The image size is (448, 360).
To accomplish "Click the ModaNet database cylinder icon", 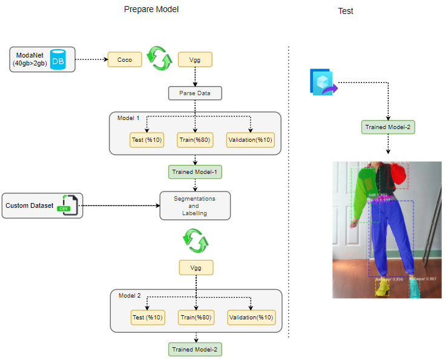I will click(x=58, y=59).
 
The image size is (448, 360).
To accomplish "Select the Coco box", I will click(x=125, y=59).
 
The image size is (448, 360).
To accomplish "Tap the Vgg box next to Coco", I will click(x=194, y=59).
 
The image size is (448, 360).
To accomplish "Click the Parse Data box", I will click(x=194, y=93).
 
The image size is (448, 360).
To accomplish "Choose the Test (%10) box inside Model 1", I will click(x=147, y=140).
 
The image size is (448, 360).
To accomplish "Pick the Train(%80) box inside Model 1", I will click(x=194, y=140).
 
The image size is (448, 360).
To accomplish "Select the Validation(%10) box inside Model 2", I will click(x=251, y=317).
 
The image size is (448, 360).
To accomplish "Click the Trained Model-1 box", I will click(x=194, y=172).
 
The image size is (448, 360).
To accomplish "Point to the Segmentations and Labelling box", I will click(x=194, y=205).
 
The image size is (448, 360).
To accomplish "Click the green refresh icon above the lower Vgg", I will click(x=194, y=241).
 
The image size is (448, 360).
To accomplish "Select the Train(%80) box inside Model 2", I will click(x=194, y=317).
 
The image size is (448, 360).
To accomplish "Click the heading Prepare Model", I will click(x=151, y=10).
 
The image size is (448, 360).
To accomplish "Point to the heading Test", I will click(x=346, y=11).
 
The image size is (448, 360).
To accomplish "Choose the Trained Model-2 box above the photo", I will click(x=388, y=127).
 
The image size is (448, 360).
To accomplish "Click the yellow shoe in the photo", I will click(x=381, y=287).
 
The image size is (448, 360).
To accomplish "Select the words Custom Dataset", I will click(x=30, y=205).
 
